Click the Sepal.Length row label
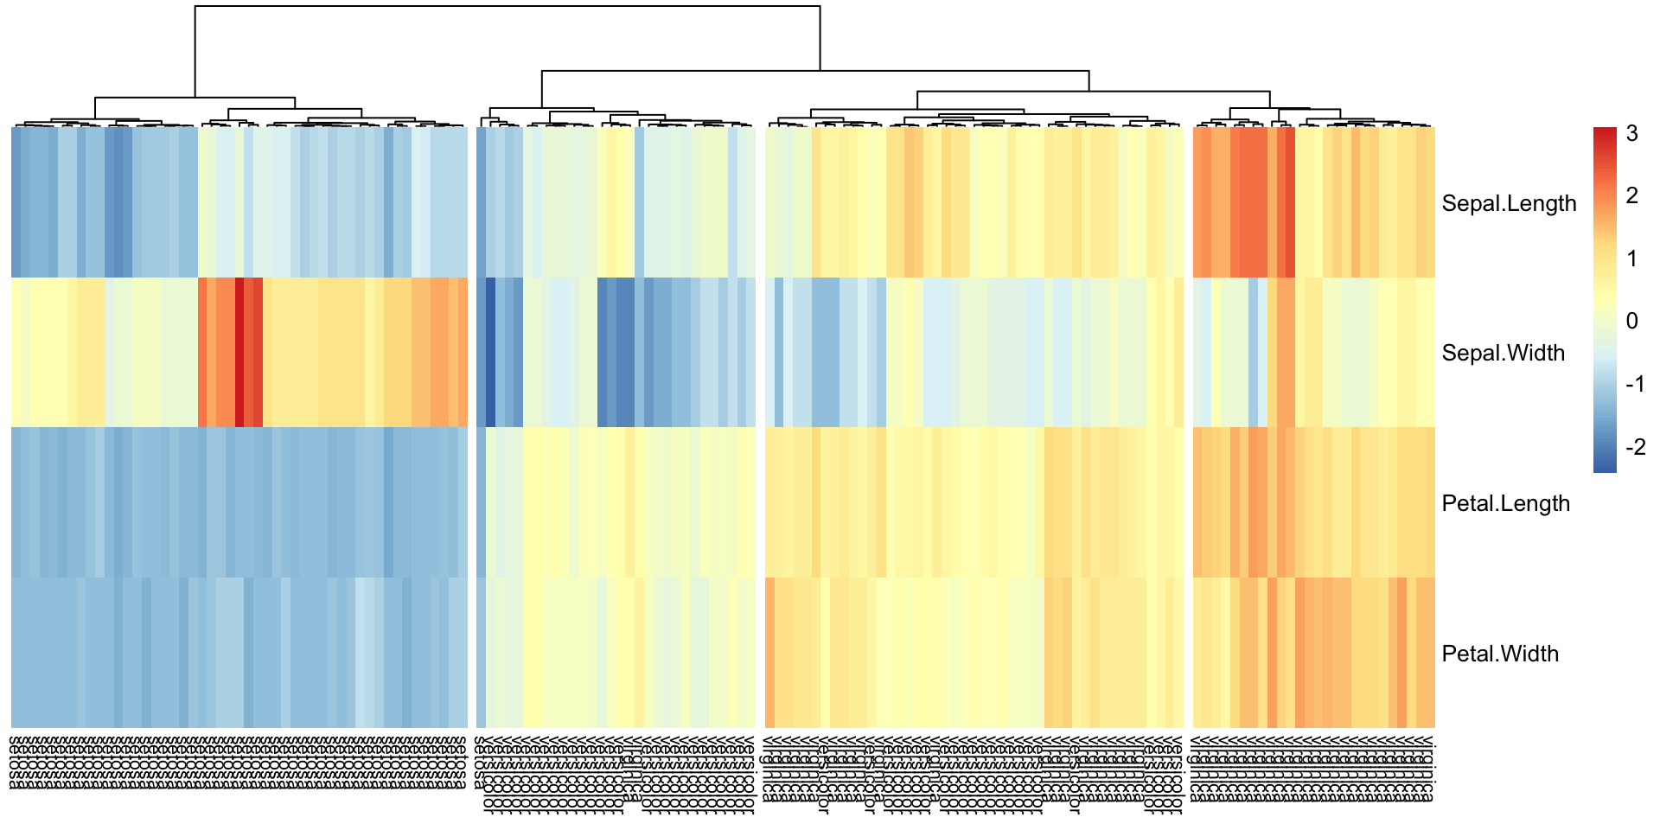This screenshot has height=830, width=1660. click(1509, 203)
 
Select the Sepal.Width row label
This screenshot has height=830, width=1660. click(1503, 353)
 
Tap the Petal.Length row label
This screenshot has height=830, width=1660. click(1505, 503)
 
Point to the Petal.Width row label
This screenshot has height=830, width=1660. click(1500, 654)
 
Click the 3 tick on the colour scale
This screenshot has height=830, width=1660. click(1631, 133)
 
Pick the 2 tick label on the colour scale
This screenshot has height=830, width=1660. click(1631, 195)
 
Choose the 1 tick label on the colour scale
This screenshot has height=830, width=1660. click(1631, 259)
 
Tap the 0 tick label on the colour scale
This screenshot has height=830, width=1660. click(1631, 321)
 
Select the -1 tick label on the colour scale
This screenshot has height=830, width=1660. click(1634, 384)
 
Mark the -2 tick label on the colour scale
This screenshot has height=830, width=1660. click(1634, 447)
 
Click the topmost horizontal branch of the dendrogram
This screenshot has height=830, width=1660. click(508, 7)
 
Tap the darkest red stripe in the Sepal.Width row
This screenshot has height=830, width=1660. click(239, 353)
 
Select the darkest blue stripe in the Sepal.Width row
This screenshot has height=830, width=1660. click(490, 353)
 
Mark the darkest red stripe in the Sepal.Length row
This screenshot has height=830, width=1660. click(1290, 202)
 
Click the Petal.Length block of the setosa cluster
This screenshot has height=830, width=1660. click(239, 502)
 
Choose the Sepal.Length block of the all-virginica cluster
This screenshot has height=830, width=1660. click(1313, 202)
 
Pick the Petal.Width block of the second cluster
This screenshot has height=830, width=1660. click(616, 653)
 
